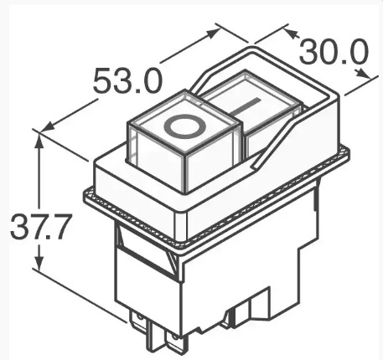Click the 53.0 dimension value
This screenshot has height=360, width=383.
click(x=127, y=80)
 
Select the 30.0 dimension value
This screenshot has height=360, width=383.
click(x=334, y=52)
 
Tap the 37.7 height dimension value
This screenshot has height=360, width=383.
click(x=39, y=226)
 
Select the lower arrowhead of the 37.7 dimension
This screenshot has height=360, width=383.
click(x=39, y=261)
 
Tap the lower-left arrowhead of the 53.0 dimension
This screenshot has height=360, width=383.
click(x=48, y=126)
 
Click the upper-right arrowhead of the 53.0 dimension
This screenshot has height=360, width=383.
click(x=210, y=33)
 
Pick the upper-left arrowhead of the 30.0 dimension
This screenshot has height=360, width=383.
click(x=292, y=33)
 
